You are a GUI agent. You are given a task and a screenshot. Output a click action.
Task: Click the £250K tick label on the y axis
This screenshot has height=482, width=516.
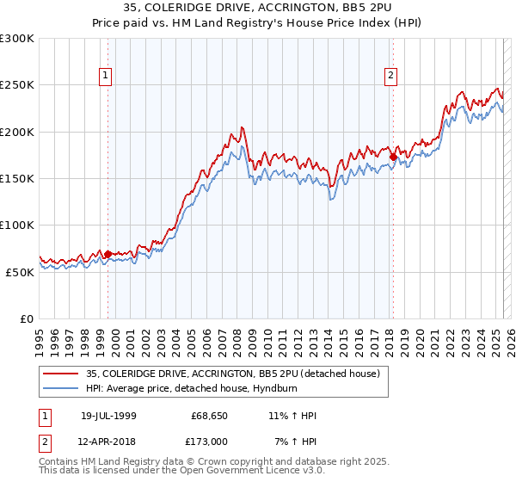pos(17,85)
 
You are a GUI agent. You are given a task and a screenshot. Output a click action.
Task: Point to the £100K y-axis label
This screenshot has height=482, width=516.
pos(17,225)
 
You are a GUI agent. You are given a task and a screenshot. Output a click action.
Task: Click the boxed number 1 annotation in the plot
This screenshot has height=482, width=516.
pos(106,76)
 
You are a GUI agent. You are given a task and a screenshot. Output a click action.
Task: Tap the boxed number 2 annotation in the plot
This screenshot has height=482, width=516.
pos(390,76)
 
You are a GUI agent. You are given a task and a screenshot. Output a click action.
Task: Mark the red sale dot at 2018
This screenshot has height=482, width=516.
pos(393,158)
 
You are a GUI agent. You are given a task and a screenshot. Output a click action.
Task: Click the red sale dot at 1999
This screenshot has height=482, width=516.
pos(108,254)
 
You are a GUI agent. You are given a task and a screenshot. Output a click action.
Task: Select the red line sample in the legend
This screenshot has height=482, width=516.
pos(61,374)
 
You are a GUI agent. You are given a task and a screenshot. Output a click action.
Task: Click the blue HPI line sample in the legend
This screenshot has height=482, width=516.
pos(61,387)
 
